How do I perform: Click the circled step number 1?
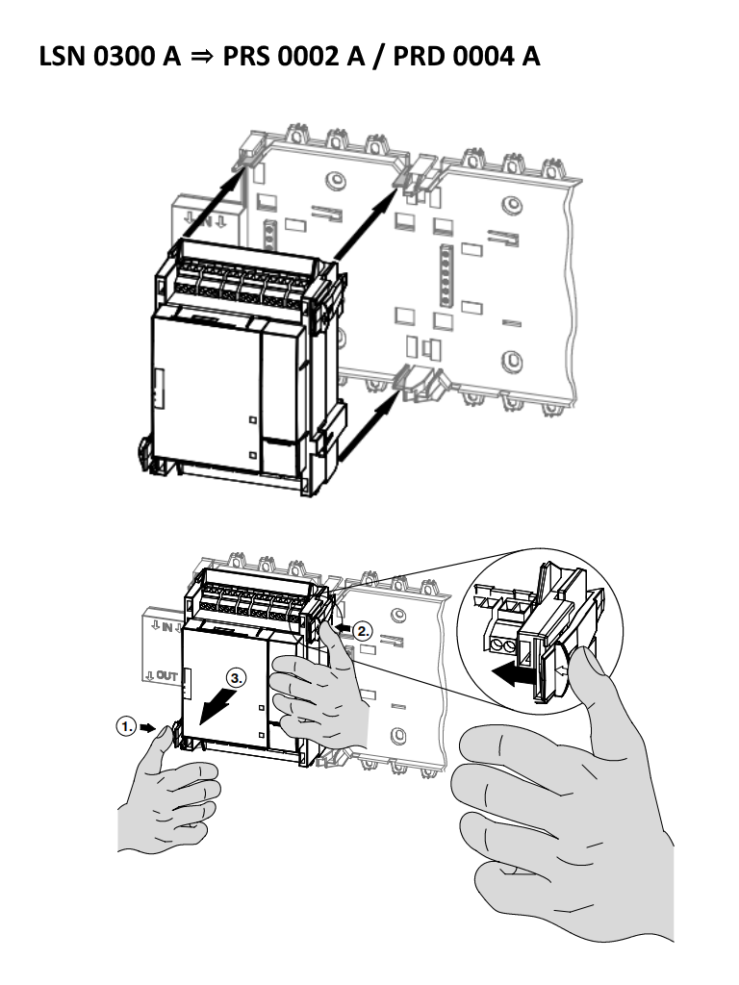(x=125, y=728)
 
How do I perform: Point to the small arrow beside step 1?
(x=147, y=729)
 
